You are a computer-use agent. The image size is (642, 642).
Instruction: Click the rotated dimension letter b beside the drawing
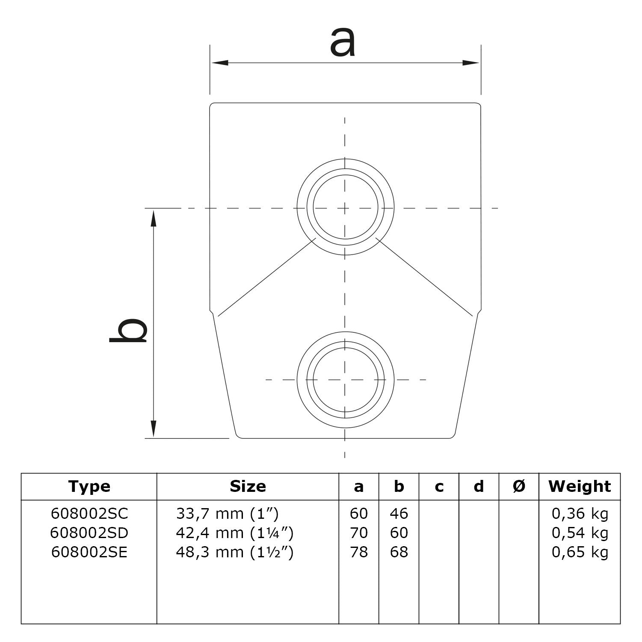(128, 330)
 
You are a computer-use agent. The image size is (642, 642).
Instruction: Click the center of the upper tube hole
(345, 208)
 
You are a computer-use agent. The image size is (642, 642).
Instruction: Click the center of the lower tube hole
(345, 379)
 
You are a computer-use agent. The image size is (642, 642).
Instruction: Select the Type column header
(89, 486)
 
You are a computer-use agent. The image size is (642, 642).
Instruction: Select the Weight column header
(580, 486)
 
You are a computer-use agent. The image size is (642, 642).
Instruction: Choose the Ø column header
(519, 486)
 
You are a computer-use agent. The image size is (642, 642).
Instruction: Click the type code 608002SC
(89, 513)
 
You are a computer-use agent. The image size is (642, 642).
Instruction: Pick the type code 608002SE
(89, 552)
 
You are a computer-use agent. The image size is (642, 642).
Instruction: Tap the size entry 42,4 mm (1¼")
(234, 533)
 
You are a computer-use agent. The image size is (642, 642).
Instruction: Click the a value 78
(358, 552)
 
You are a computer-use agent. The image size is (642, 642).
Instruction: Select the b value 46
(399, 513)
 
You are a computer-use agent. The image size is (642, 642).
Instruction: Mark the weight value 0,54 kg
(580, 533)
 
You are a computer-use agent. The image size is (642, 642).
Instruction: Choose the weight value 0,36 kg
(580, 513)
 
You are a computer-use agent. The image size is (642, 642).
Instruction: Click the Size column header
(248, 486)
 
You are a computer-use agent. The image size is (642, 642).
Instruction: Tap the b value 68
(399, 552)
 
